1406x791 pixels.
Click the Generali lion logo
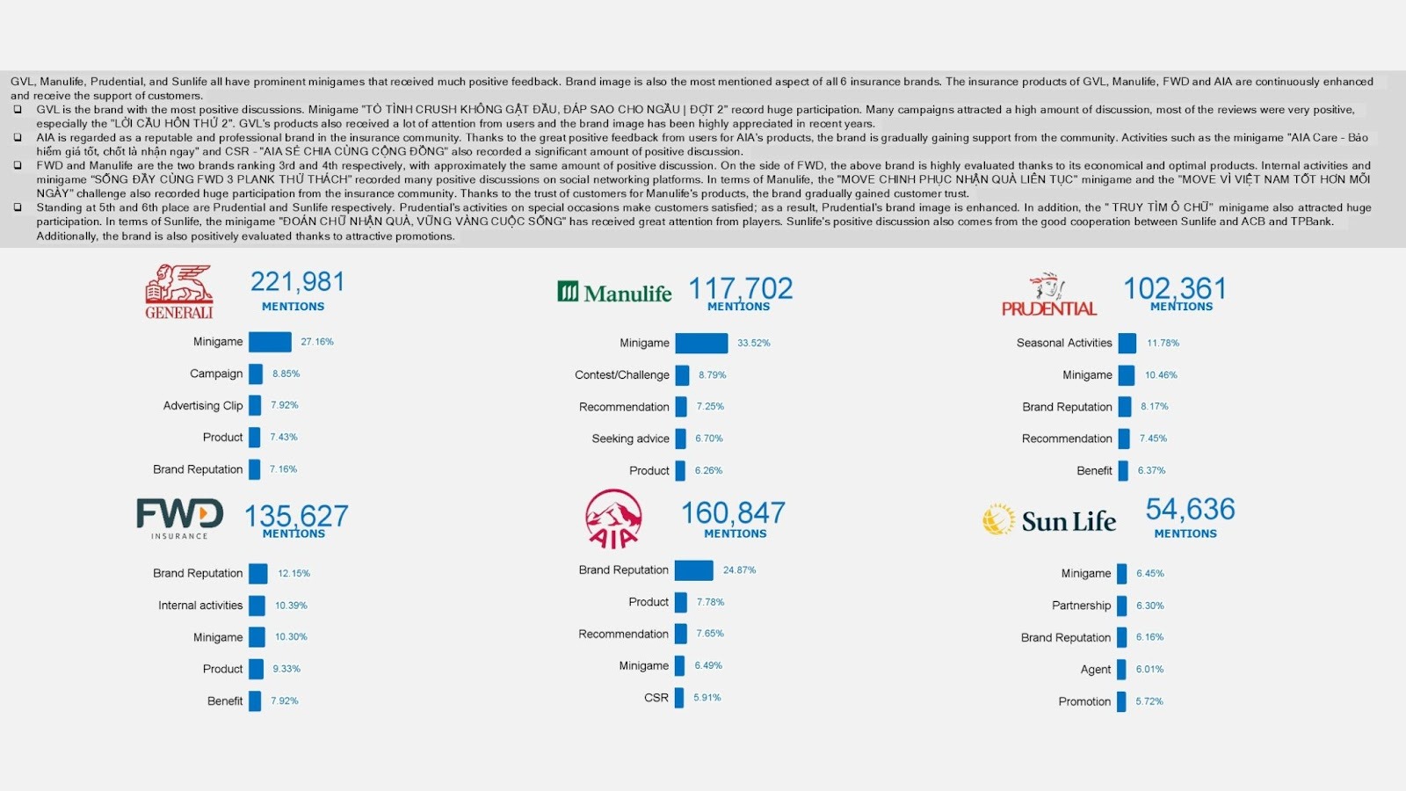click(179, 291)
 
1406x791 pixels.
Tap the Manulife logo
click(614, 293)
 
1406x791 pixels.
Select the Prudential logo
click(1049, 295)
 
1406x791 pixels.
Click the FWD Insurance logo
click(179, 518)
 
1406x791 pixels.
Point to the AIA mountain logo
click(613, 519)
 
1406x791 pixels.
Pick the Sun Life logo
click(1049, 520)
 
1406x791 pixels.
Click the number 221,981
click(297, 282)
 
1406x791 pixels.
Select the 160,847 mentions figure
click(733, 512)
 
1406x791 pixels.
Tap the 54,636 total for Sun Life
click(1190, 509)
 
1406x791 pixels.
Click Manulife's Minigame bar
click(701, 343)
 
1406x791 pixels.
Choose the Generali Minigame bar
click(270, 342)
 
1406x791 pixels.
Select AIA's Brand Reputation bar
click(693, 570)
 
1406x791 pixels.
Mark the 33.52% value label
click(753, 343)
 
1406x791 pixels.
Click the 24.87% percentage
click(739, 570)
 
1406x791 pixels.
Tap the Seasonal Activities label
click(1063, 343)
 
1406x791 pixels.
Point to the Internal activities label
click(200, 606)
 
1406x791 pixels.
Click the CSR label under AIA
click(656, 698)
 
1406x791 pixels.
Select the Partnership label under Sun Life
click(1081, 606)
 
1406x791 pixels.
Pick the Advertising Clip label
click(203, 405)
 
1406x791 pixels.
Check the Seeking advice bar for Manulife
click(681, 439)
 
